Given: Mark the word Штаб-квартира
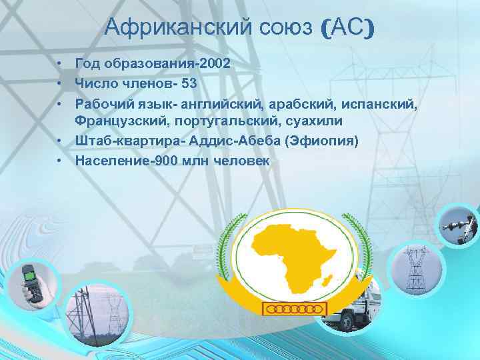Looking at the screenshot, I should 129,141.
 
